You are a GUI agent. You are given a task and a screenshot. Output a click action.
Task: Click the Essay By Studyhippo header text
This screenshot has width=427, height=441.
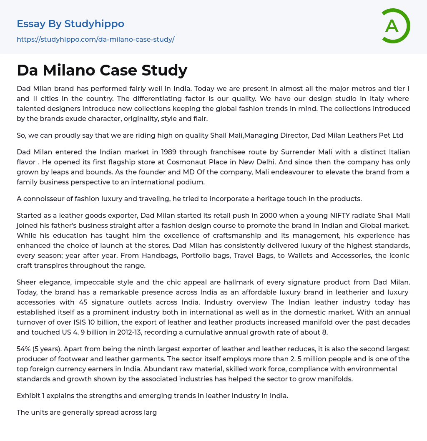tap(70, 24)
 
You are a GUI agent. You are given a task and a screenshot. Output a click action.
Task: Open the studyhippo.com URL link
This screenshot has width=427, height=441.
tap(95, 39)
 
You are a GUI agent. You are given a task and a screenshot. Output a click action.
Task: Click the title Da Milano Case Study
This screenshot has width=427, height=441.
tap(102, 70)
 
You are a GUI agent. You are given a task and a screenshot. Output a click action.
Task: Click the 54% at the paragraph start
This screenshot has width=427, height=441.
tap(25, 349)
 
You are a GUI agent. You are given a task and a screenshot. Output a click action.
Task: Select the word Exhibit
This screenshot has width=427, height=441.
tap(29, 396)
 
